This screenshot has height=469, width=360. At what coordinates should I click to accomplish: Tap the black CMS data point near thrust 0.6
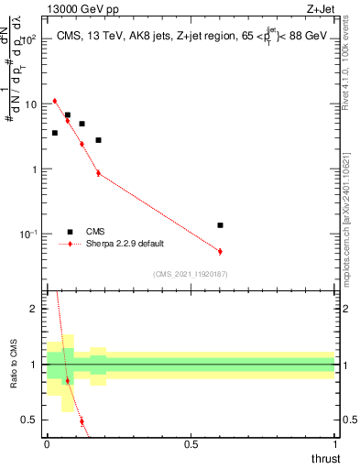click(x=220, y=224)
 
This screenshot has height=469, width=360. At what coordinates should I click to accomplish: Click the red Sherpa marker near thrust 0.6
click(x=220, y=251)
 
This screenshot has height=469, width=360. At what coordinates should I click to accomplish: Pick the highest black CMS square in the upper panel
click(x=68, y=115)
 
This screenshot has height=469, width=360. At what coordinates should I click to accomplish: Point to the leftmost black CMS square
click(x=55, y=133)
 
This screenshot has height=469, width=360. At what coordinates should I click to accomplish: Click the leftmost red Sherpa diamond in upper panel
click(x=55, y=101)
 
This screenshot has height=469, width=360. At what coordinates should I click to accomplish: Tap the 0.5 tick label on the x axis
click(x=191, y=443)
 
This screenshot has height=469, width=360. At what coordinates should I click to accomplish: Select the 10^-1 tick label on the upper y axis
click(x=29, y=235)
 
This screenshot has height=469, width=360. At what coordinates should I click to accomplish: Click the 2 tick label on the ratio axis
click(x=35, y=309)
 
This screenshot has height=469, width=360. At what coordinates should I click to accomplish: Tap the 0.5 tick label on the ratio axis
click(x=31, y=420)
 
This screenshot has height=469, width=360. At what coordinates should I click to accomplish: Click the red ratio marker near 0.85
click(x=68, y=380)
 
